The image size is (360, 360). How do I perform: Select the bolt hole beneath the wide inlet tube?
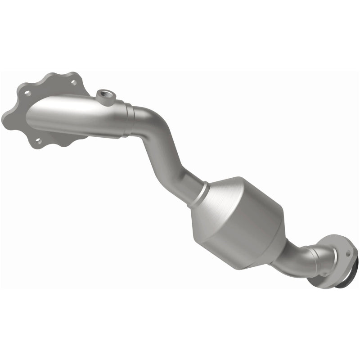coord(39,141)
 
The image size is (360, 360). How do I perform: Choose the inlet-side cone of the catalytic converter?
coord(220,193)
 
